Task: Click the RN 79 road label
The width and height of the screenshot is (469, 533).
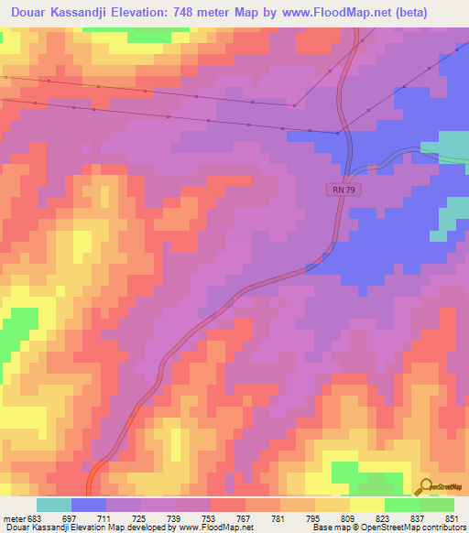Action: pos(340,190)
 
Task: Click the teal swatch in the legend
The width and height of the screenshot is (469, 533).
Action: pos(54,505)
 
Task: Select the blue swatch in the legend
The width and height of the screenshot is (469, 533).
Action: pos(89,505)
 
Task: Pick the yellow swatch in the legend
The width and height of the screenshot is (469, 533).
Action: pos(366,505)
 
